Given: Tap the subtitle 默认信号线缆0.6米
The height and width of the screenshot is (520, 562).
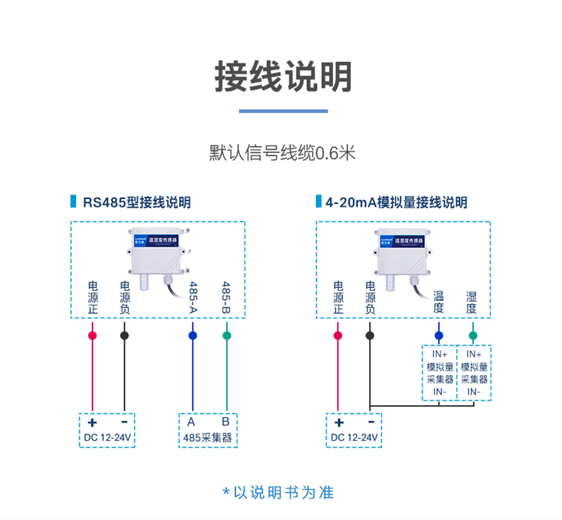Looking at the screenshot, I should coord(282,153).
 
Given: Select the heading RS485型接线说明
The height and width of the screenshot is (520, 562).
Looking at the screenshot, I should coord(137,202).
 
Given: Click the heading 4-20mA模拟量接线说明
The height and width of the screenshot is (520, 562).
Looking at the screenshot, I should coord(397,202).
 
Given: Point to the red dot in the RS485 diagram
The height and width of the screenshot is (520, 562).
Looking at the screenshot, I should coord(92,336).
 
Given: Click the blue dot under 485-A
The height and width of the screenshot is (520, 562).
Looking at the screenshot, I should coord(192,336).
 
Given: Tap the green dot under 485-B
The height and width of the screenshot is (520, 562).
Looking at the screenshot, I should coord(227,336).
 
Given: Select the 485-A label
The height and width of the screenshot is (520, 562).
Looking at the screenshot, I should coord(193,297).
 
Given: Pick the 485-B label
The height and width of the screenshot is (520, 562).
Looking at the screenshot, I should coord(226,297).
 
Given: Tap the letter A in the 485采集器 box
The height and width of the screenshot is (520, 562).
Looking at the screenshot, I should coord(191,421).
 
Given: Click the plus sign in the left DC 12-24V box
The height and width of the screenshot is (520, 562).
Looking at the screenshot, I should coord(93,422).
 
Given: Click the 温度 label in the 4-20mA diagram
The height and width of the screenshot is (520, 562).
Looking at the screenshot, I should coord(438,302).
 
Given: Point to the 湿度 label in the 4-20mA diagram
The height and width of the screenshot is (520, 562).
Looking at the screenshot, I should coord(471,302).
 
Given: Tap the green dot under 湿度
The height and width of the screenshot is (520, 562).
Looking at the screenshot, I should coord(473,336).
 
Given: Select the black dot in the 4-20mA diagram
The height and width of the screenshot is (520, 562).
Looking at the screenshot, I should coord(370,336).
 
